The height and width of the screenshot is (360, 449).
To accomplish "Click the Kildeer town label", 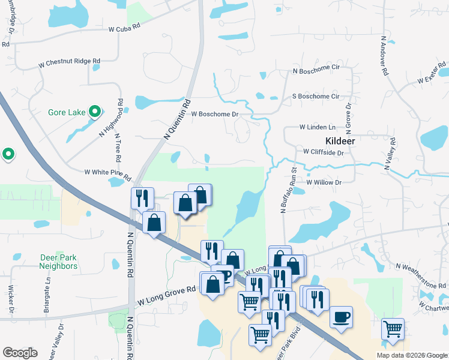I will click(x=340, y=140).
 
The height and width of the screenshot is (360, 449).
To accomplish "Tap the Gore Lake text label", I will click(x=67, y=112).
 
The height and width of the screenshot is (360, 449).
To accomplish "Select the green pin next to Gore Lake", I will click(x=94, y=111).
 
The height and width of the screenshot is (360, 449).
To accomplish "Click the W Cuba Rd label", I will click(x=124, y=28).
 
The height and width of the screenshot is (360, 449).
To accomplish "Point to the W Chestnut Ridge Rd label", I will click(x=69, y=61).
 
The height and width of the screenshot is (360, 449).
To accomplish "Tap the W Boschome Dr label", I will click(x=215, y=114).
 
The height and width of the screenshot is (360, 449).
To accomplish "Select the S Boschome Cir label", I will click(x=315, y=96).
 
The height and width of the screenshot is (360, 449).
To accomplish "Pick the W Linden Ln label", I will click(x=318, y=127).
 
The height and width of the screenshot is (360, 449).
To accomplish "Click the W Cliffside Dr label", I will click(x=323, y=152).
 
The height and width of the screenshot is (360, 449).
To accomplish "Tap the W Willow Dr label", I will click(x=323, y=182).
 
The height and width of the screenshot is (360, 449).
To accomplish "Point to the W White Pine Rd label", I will click(x=107, y=172).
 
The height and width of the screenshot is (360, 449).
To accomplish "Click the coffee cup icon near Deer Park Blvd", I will click(x=341, y=317).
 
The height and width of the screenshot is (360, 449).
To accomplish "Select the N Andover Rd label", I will click(x=384, y=55).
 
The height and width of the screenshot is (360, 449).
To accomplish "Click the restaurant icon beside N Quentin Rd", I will click(x=142, y=197).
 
